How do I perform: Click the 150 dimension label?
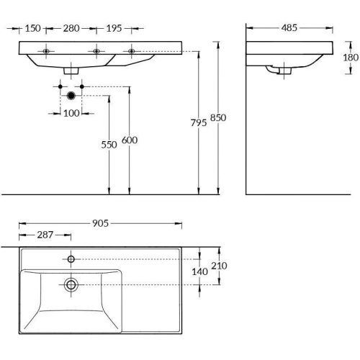tap(32, 28)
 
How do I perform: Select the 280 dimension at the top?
tap(71, 28)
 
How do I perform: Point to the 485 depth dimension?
tap(290, 28)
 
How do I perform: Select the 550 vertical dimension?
tap(109, 144)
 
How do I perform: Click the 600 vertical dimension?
tap(129, 141)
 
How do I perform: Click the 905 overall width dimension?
tap(100, 224)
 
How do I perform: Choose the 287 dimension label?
tap(45, 236)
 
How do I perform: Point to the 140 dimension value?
tap(201, 271)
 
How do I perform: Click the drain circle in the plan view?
tap(71, 284)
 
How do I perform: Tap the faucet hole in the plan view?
tap(71, 258)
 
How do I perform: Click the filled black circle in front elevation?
tap(71, 96)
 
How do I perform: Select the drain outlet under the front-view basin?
tap(71, 71)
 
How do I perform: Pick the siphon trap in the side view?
tap(279, 71)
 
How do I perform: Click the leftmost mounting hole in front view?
tap(46, 52)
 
